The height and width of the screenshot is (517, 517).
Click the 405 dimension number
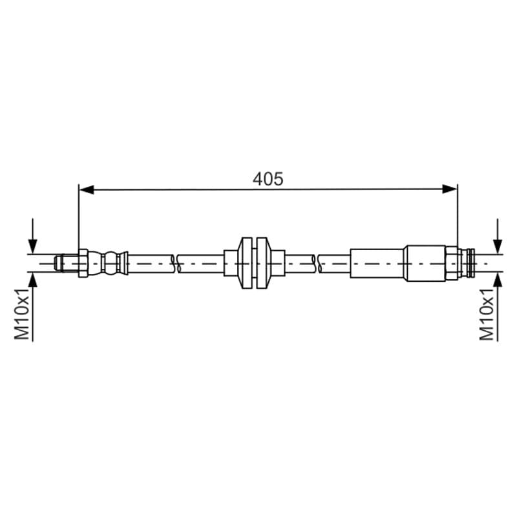click(x=268, y=180)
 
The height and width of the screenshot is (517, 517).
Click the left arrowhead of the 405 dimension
click(x=87, y=189)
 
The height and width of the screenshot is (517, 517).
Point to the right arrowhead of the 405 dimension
click(x=450, y=189)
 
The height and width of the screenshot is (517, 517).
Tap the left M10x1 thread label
click(x=22, y=314)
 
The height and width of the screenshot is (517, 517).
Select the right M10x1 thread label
click(x=487, y=314)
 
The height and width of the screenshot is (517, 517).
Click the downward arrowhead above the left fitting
click(x=33, y=246)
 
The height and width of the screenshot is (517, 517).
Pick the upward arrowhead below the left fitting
click(x=33, y=280)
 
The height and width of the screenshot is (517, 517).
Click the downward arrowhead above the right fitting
click(x=498, y=246)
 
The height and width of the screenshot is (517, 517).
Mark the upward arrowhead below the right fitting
click(x=498, y=280)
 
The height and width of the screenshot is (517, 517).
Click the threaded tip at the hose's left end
click(x=67, y=264)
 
